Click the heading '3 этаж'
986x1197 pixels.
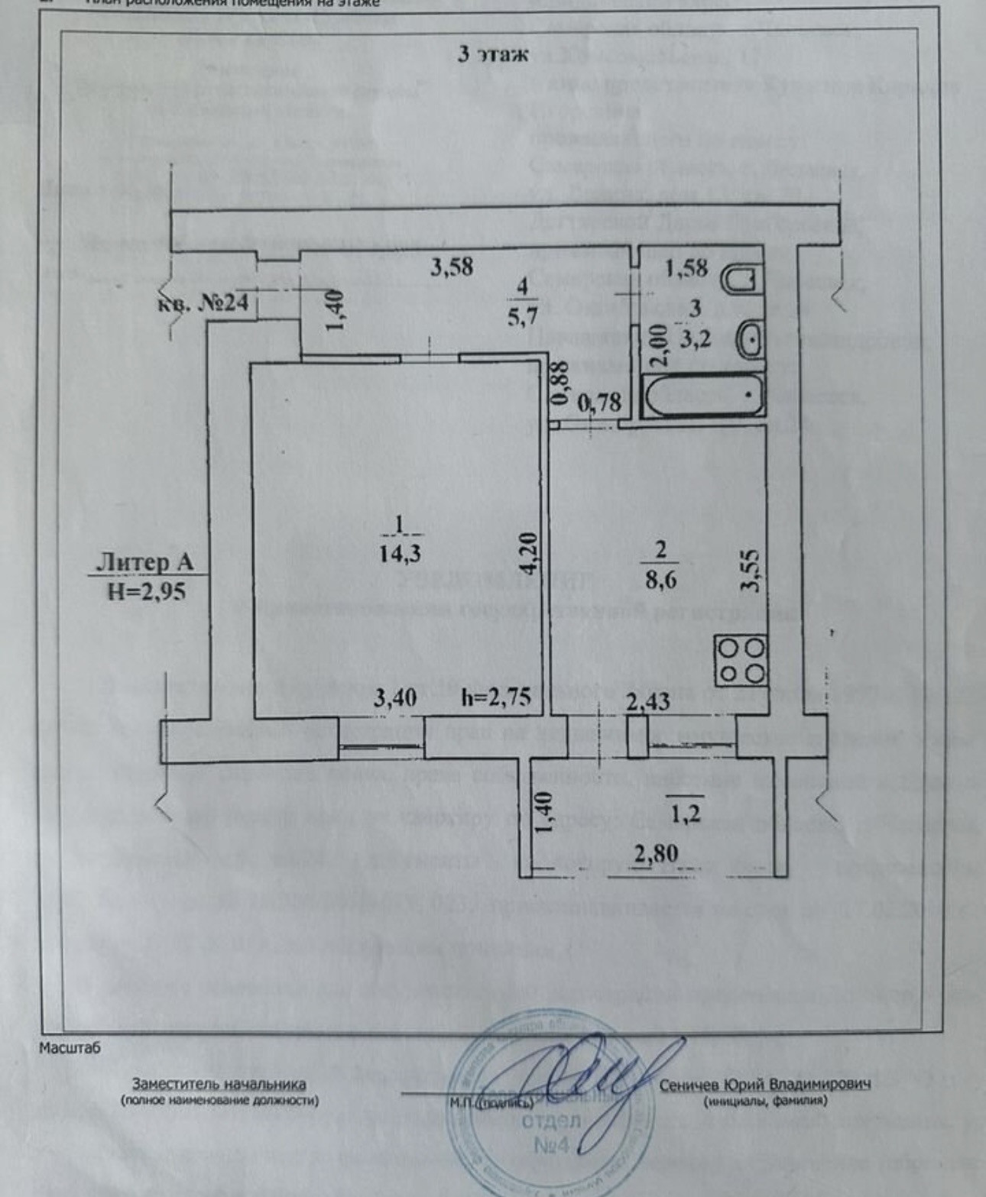(492, 54)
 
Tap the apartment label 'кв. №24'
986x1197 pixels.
(203, 302)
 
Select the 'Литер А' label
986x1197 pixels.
(144, 563)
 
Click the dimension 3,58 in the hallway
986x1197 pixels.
(452, 267)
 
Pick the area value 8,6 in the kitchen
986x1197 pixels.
(661, 578)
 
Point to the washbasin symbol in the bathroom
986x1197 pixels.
(750, 338)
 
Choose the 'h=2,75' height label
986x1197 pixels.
(498, 697)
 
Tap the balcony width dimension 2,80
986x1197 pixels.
(657, 852)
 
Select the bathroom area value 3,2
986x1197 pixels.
(696, 337)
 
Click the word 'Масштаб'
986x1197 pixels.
(70, 1047)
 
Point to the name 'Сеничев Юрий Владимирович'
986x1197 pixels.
(764, 1085)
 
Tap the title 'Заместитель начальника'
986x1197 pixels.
(219, 1083)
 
